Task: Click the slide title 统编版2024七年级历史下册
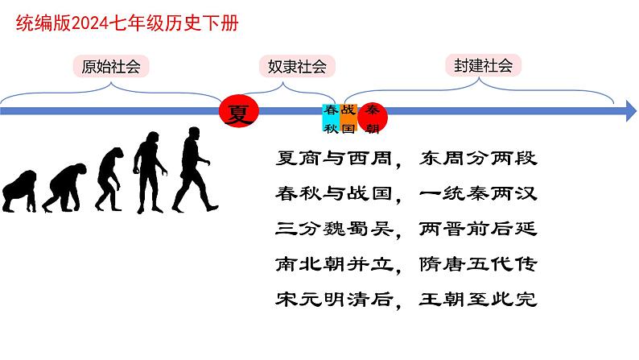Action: coord(127,24)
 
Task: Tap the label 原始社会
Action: coord(110,67)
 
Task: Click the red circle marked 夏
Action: coord(238,114)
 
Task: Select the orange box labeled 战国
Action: coord(348,118)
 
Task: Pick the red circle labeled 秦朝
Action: coord(373,118)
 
